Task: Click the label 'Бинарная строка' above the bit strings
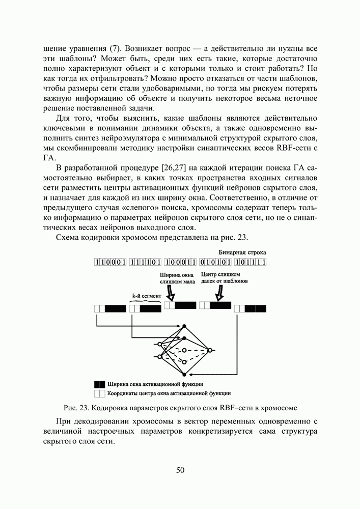242,252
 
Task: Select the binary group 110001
110,263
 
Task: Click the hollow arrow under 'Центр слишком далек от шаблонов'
220,294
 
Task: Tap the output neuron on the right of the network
209,350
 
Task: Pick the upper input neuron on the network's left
160,344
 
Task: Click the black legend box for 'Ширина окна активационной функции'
99,384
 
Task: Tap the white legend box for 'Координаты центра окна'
99,393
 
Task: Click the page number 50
180,470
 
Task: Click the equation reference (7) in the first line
115,49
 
